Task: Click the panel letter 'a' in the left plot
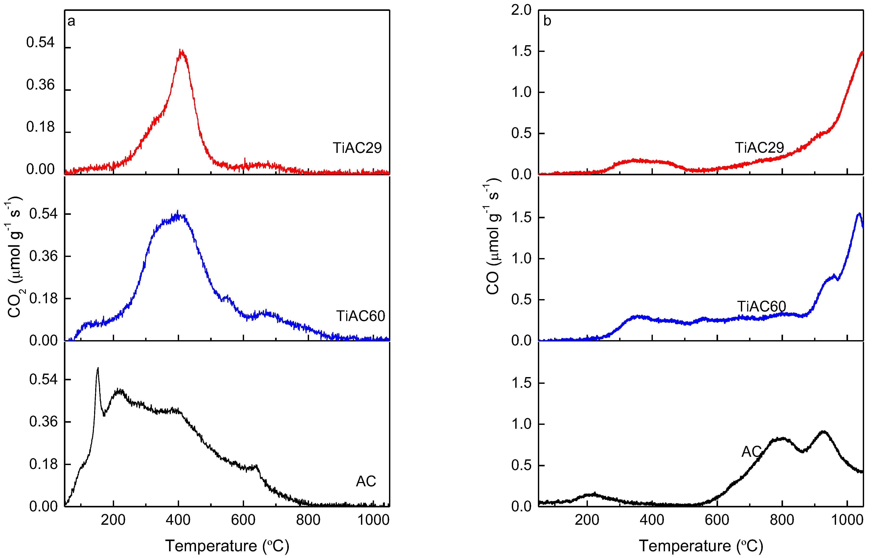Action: tap(72, 21)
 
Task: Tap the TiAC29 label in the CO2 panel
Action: tap(357, 148)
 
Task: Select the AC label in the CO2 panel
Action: tap(366, 481)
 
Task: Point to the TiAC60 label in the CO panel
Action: tap(761, 306)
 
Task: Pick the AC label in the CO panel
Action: tap(751, 452)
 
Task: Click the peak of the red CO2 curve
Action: tap(181, 51)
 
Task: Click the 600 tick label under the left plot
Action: tap(243, 520)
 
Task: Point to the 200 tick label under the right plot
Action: tap(587, 520)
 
